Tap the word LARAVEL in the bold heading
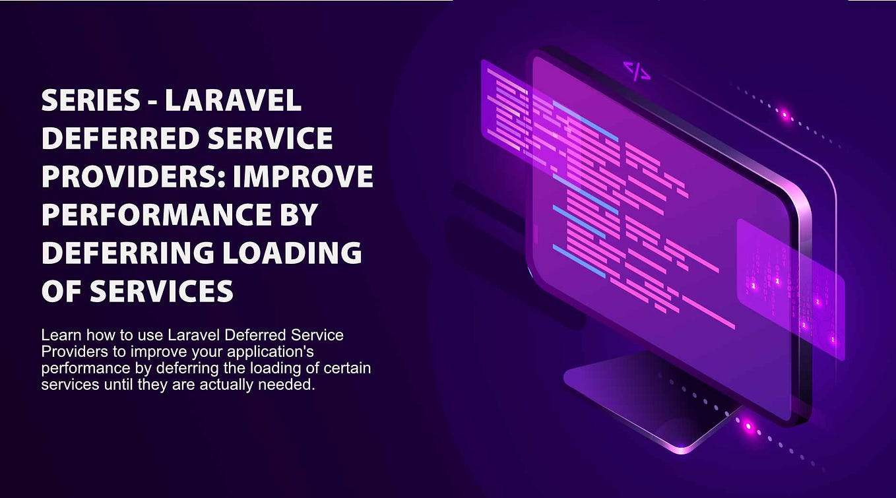pos(233,101)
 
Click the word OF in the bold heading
pos(61,291)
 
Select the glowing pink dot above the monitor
pos(784,115)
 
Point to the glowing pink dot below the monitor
pos(748,426)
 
